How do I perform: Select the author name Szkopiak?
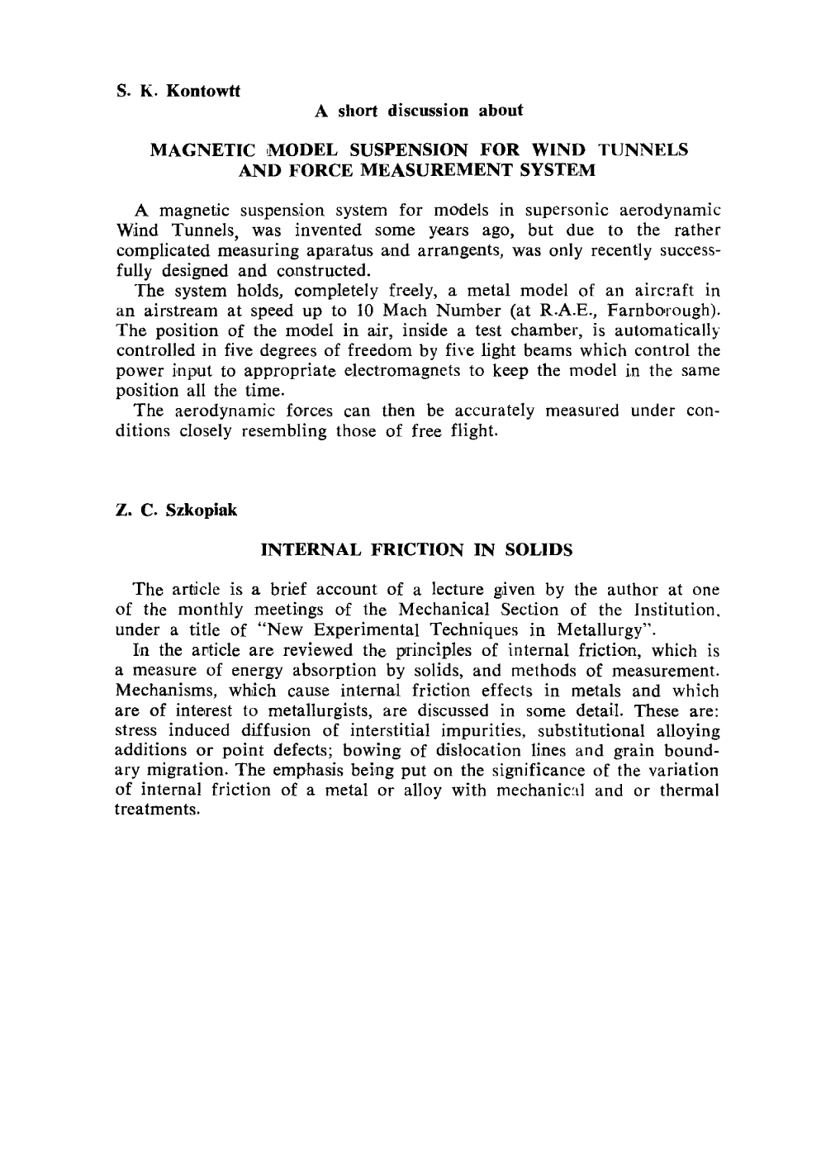tap(202, 510)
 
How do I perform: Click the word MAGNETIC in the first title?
tap(191, 150)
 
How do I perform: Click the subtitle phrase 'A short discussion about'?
tap(419, 110)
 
